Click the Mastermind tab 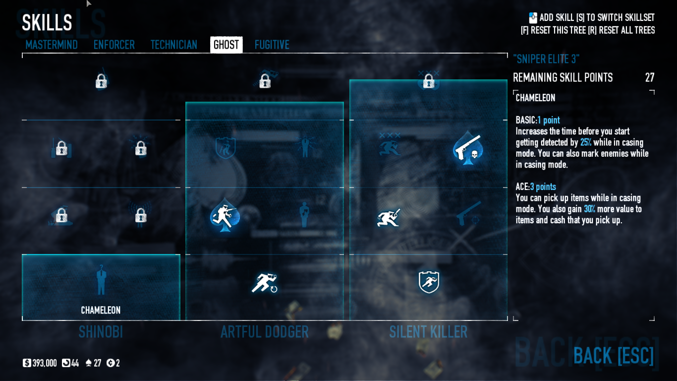(52, 45)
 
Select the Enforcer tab (114, 45)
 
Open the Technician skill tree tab (174, 45)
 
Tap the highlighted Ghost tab (226, 45)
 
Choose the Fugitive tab (272, 45)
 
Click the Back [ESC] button (614, 355)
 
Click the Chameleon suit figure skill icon (101, 280)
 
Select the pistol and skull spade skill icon (467, 148)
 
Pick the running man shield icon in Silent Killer (429, 282)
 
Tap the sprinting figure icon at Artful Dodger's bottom (264, 283)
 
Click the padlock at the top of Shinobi (101, 81)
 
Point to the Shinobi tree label (101, 332)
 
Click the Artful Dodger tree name (264, 332)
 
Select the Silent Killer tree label (428, 332)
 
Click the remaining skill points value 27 (649, 78)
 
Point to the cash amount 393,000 (45, 363)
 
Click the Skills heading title (47, 23)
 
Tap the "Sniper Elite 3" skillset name (546, 59)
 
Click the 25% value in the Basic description (586, 142)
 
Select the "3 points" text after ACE (543, 187)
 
